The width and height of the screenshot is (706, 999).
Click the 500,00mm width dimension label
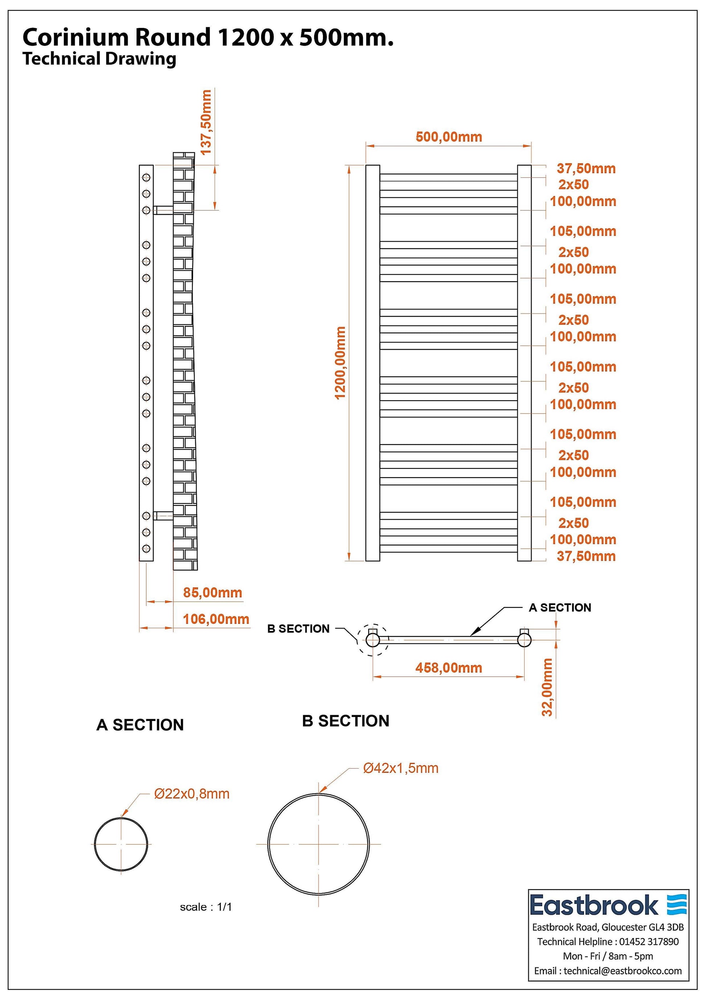point(448,137)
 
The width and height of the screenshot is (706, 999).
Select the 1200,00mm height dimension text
point(340,363)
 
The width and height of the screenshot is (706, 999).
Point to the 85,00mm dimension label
point(212,592)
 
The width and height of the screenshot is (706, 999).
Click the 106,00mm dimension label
point(216,619)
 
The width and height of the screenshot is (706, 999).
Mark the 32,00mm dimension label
point(547,687)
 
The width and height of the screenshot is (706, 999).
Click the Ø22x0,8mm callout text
point(192,794)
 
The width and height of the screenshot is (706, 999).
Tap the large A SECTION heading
point(140,725)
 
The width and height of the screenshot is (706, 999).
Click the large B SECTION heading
point(345,721)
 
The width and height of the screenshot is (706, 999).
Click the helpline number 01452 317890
point(649,941)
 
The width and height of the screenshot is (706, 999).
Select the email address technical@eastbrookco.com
point(623,970)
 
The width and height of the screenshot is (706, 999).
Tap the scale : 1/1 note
point(206,907)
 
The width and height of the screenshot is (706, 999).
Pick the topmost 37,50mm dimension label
point(586,168)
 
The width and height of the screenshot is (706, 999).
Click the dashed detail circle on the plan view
point(373,640)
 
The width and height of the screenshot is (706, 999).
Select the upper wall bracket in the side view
point(163,210)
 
